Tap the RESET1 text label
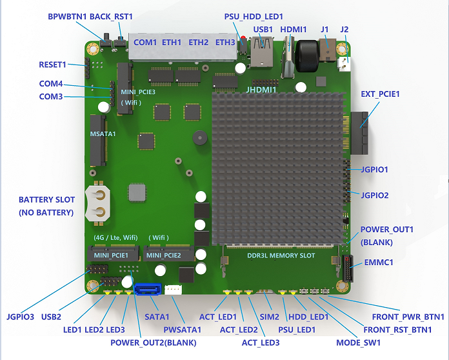tap(53, 65)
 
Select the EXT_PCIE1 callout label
tap(380, 94)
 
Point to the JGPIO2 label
tap(375, 195)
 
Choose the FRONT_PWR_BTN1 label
tap(408, 317)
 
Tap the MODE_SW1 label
tap(358, 342)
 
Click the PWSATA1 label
tap(183, 330)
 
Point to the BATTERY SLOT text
tap(46, 200)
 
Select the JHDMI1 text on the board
tap(261, 90)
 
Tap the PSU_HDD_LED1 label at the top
tap(254, 16)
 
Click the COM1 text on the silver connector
tap(145, 43)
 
